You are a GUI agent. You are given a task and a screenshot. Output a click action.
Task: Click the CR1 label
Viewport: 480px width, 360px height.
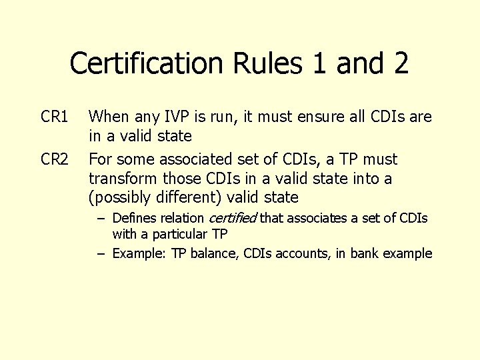click(55, 118)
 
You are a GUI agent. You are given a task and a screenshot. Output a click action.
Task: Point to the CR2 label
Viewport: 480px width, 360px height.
click(55, 160)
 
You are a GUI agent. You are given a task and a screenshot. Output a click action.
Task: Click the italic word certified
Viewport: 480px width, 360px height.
click(233, 218)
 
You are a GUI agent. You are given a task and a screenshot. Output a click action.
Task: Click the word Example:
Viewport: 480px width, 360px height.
click(140, 253)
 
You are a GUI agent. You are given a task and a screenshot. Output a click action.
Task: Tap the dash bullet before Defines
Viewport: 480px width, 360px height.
click(102, 218)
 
